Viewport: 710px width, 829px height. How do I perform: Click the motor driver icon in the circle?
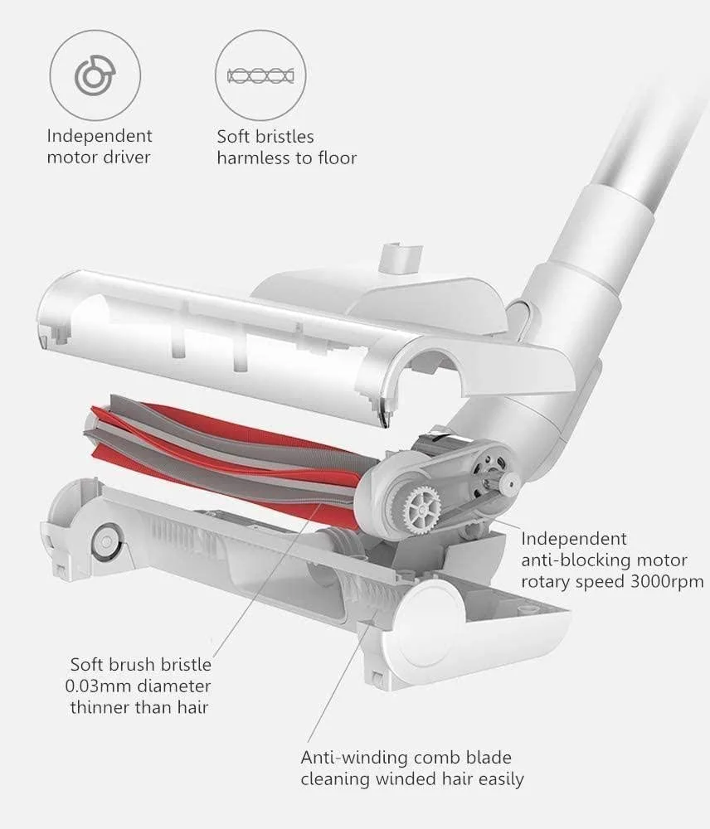pyautogui.click(x=95, y=75)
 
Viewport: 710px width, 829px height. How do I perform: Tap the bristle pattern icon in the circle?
pyautogui.click(x=260, y=76)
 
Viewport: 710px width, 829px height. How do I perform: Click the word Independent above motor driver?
pyautogui.click(x=100, y=137)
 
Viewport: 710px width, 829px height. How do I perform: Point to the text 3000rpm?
pyautogui.click(x=667, y=582)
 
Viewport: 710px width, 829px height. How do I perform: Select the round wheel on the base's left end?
pyautogui.click(x=106, y=541)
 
